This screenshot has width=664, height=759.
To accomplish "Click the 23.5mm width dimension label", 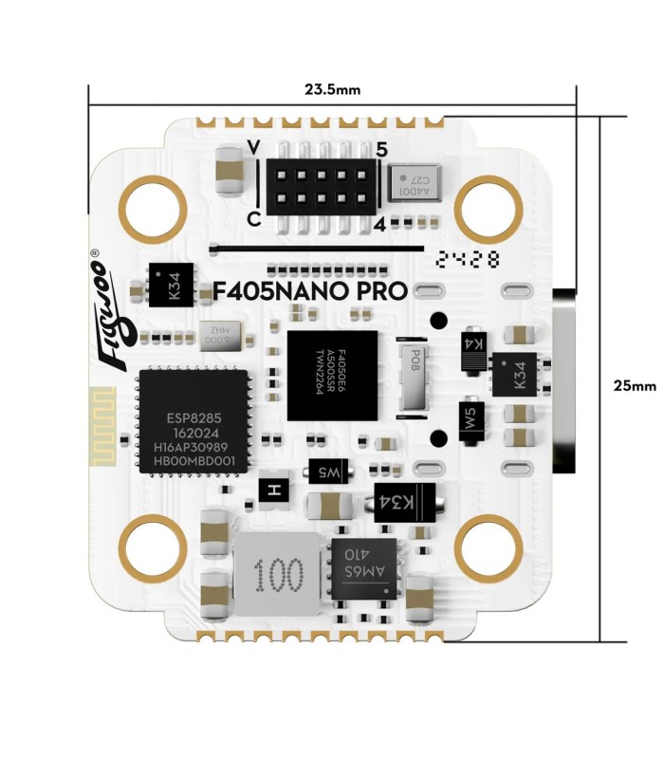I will point(332,90).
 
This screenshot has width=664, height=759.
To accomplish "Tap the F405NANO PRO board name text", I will point(311,291).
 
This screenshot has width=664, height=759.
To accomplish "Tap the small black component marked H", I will point(275,490).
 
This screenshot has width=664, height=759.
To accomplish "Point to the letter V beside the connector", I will point(252,148).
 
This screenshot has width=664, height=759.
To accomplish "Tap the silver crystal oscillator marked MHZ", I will point(219,335).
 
